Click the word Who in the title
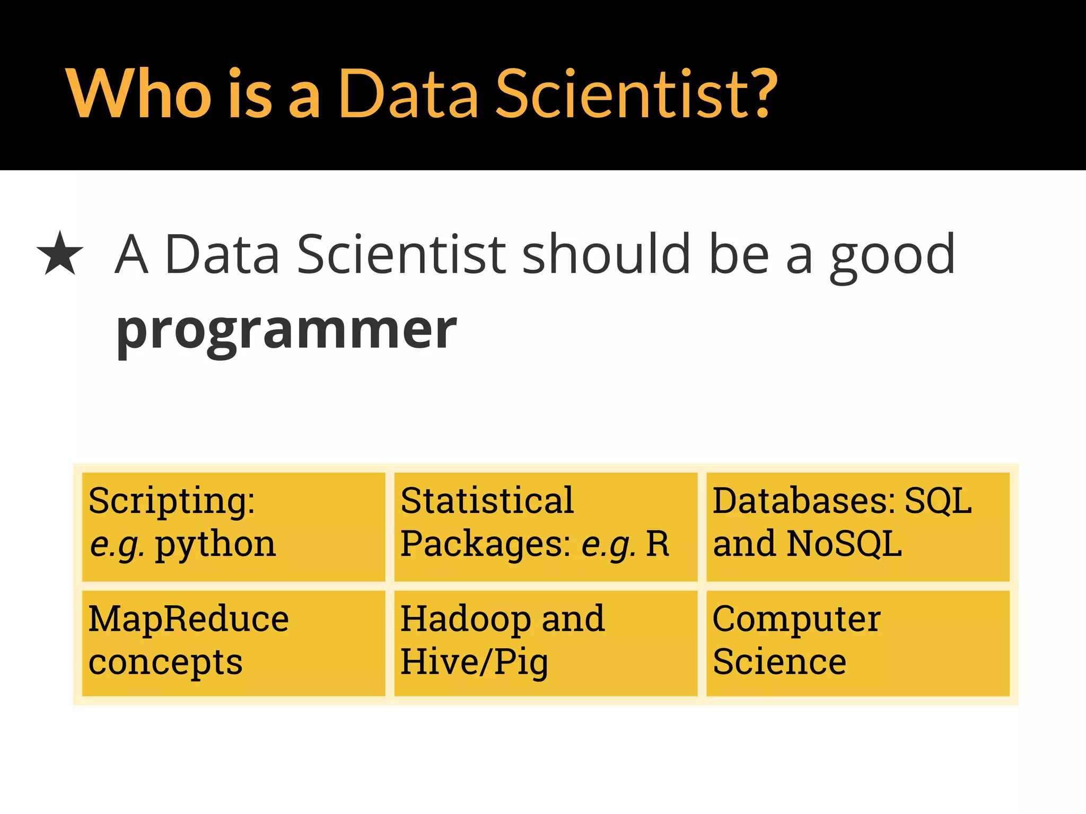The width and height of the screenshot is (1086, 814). pyautogui.click(x=139, y=94)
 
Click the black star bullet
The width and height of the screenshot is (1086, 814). pyautogui.click(x=60, y=254)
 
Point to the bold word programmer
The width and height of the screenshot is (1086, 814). pyautogui.click(x=286, y=331)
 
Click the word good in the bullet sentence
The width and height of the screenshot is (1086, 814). pyautogui.click(x=892, y=255)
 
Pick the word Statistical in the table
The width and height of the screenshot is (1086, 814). pyautogui.click(x=487, y=500)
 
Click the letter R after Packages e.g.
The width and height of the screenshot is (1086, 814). pyautogui.click(x=658, y=544)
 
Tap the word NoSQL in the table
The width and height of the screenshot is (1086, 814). pyautogui.click(x=844, y=544)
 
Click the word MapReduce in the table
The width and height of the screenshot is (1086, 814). pyautogui.click(x=188, y=619)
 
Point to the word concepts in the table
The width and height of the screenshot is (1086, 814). pyautogui.click(x=165, y=663)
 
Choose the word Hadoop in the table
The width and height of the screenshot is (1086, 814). pyautogui.click(x=465, y=619)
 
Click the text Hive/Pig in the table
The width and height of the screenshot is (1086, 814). pyautogui.click(x=474, y=663)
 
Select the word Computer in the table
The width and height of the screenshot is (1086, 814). pyautogui.click(x=796, y=619)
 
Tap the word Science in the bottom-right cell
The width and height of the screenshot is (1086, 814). pyautogui.click(x=779, y=662)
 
